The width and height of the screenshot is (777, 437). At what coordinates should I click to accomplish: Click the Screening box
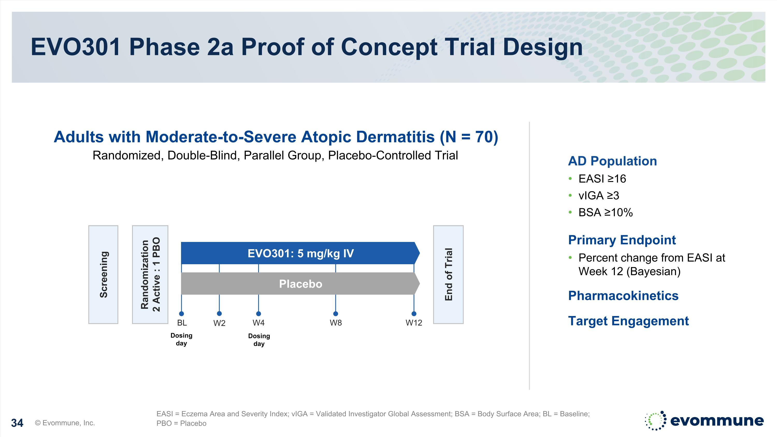(x=103, y=274)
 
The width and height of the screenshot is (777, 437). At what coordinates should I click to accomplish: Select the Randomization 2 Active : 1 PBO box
(x=150, y=274)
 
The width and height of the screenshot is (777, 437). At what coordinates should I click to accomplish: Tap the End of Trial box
(x=448, y=274)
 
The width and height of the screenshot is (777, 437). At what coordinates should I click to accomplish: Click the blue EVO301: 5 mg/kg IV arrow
(x=300, y=253)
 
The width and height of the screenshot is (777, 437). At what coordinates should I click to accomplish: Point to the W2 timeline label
(x=219, y=323)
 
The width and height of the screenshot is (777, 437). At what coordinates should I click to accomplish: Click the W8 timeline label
(x=336, y=323)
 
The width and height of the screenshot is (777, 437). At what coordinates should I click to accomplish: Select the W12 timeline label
(x=414, y=323)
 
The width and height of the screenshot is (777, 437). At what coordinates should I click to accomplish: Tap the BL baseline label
(x=182, y=323)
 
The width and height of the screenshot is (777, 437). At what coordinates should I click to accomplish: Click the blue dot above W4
(x=258, y=314)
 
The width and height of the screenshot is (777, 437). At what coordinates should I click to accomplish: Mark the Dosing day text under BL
(x=181, y=339)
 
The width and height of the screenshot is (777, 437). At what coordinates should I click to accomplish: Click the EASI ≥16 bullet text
(x=602, y=179)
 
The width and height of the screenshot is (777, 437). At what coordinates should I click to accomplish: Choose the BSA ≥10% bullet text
(x=605, y=213)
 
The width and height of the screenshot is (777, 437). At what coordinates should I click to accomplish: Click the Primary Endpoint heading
(x=622, y=240)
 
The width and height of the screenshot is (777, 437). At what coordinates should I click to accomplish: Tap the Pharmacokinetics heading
(x=623, y=296)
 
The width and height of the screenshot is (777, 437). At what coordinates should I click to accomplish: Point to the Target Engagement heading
(x=628, y=321)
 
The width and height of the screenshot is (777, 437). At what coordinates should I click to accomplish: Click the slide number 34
(x=17, y=423)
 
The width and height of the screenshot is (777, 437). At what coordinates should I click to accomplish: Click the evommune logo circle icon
(x=655, y=420)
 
